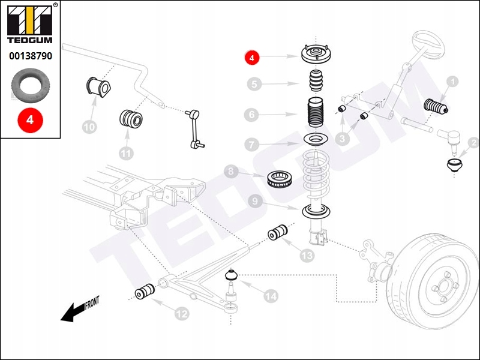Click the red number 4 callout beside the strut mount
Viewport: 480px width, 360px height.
pos(251,57)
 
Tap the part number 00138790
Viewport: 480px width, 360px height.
pos(31,56)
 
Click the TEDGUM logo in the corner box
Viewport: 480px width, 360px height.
pos(30,25)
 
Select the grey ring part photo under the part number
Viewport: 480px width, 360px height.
pos(31,86)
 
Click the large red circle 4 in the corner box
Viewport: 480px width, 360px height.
pos(30,119)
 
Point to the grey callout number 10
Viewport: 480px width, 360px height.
pos(89,127)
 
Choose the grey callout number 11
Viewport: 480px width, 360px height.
pos(126,153)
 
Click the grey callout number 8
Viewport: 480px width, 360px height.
pos(231,172)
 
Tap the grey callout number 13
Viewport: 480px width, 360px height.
pos(307,255)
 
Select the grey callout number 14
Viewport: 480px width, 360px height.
pos(271,296)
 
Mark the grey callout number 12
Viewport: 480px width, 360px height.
pos(182,313)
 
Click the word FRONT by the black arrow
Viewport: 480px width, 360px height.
pos(92,302)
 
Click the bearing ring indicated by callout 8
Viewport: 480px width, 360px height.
pos(280,179)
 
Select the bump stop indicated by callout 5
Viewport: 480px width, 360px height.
pos(316,80)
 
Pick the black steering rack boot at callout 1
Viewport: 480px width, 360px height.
pos(436,107)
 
